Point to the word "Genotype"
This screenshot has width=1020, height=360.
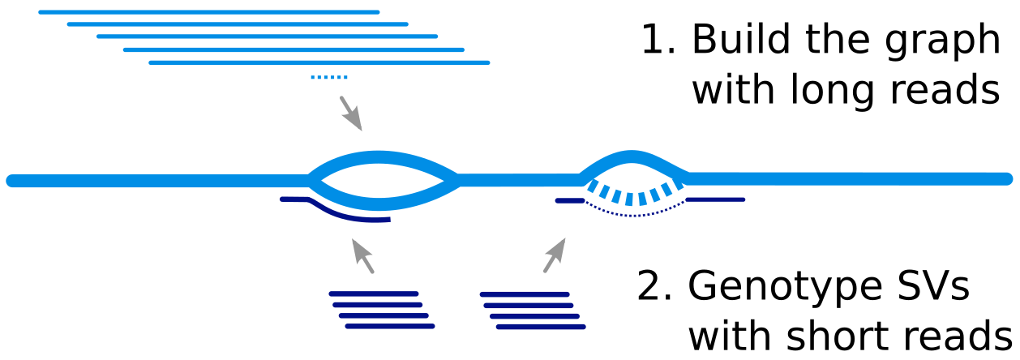pyautogui.click(x=782, y=287)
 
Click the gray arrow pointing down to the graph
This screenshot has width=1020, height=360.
pyautogui.click(x=350, y=113)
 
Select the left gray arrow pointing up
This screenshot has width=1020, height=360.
pyautogui.click(x=362, y=255)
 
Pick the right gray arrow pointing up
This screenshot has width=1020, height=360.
pyautogui.click(x=555, y=255)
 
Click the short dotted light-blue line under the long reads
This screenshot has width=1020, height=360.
pyautogui.click(x=328, y=77)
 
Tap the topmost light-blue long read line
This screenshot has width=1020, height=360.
pyautogui.click(x=208, y=12)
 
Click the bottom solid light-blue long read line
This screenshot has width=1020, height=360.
pyautogui.click(x=319, y=62)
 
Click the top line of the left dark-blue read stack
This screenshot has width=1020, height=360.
pyautogui.click(x=373, y=294)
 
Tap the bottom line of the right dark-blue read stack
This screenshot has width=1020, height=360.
pyautogui.click(x=540, y=327)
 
